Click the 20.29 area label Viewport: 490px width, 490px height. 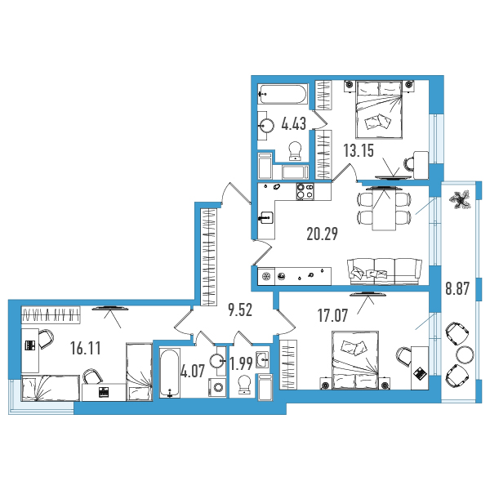coord(323,234)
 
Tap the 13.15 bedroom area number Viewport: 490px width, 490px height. coord(359,150)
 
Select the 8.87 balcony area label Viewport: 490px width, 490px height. coord(457,288)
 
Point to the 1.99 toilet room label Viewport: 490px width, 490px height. coord(241,363)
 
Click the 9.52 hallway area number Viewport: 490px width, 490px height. coord(240,310)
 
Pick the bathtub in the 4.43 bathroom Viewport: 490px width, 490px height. coord(283,94)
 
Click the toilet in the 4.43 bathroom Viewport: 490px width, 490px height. coord(295,151)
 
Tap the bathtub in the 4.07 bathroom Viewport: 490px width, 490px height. coord(170,373)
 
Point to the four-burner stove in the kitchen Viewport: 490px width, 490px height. coord(305,191)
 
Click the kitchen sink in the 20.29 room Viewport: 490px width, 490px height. coord(266,217)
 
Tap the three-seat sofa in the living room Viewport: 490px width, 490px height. coord(385,271)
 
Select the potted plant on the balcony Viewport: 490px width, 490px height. coord(459,200)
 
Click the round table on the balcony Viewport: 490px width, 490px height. coord(465,354)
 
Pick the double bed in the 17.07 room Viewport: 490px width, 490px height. coord(355,360)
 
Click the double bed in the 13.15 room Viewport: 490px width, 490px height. coord(379,109)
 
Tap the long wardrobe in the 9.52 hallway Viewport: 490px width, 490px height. coord(208,257)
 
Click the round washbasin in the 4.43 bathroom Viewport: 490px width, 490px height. coord(266,126)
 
